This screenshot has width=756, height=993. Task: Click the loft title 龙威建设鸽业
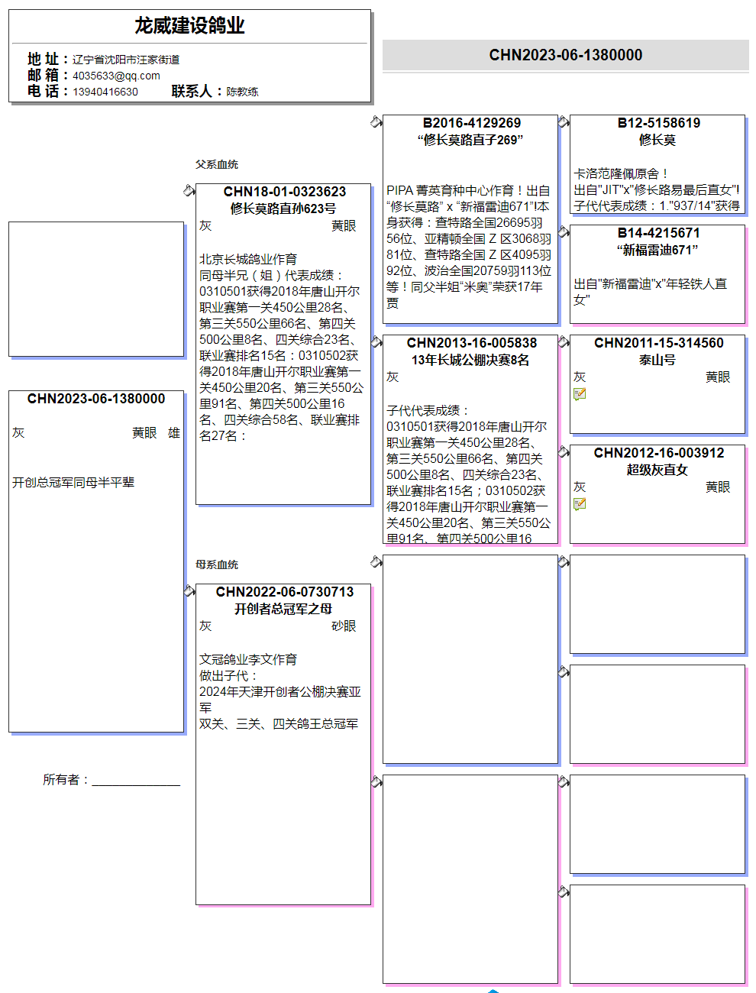[189, 26]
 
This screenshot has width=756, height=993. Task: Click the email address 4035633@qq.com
[116, 76]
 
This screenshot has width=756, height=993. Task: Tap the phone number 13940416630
[105, 92]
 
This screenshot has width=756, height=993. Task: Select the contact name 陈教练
[242, 92]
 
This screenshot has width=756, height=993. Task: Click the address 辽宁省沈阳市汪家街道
[126, 60]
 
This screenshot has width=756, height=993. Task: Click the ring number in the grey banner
[565, 55]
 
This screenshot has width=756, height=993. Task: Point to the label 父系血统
[217, 164]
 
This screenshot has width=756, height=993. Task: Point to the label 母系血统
[217, 564]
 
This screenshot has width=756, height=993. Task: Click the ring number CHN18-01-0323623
[284, 192]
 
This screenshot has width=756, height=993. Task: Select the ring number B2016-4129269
[471, 123]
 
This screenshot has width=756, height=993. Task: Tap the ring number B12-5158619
[658, 123]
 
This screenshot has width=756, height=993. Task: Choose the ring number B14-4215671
[658, 233]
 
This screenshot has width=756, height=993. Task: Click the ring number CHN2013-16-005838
[471, 343]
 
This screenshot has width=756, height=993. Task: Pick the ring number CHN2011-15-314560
[658, 343]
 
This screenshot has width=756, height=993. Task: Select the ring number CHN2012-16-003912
[658, 453]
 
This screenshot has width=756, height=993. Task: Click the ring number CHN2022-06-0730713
[284, 592]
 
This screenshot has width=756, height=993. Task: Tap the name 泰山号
[657, 360]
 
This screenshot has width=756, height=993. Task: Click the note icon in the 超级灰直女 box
[580, 504]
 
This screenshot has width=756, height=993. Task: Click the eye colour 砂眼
[344, 626]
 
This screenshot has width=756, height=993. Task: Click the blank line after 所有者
[136, 781]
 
